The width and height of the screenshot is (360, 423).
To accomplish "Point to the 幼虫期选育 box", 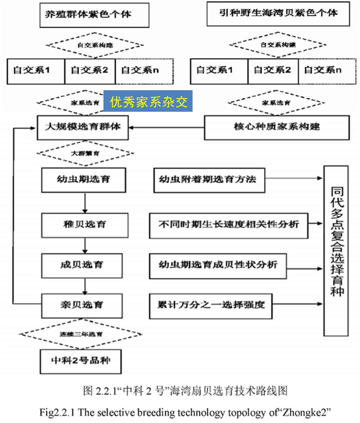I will [x=84, y=179].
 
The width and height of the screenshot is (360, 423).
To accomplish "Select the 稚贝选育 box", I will [x=84, y=226].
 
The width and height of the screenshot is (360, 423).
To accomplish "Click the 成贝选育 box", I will [x=84, y=263].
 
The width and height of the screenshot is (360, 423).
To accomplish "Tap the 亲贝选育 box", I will [x=84, y=304].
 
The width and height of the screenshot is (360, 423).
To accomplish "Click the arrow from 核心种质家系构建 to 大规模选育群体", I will [x=167, y=127].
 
